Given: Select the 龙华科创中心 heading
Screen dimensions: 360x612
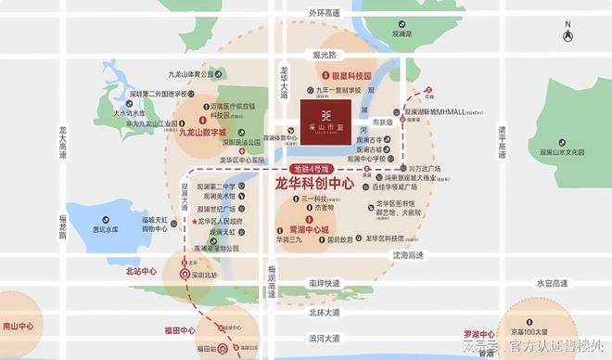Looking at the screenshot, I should (314, 185).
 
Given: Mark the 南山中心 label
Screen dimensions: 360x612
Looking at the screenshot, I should (18, 327).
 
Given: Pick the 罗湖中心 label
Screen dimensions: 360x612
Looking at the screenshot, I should (482, 332).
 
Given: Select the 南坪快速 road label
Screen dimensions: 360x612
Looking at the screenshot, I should (326, 282).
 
